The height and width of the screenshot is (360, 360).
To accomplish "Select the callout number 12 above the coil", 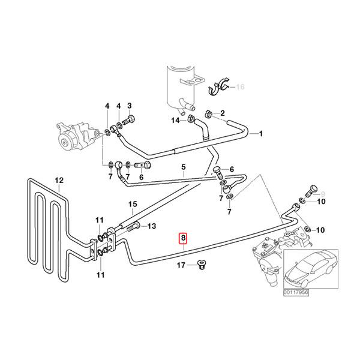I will coord(59,180).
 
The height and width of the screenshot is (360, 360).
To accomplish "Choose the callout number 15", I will coord(134,204).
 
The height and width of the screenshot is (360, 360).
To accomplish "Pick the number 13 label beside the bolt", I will coord(152,226).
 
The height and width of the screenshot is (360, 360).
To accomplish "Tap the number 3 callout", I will coord(128,106).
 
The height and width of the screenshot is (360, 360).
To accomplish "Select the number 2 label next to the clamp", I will coord(221,113).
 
